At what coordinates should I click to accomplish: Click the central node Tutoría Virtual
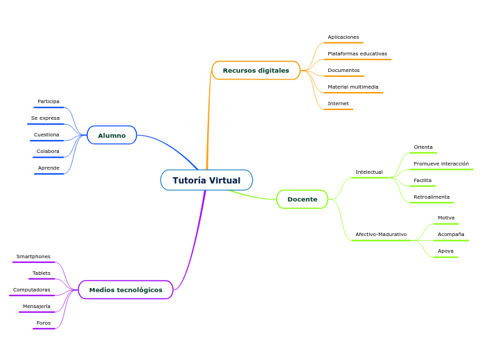coord(206,180)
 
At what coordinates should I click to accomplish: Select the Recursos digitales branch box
coord(256,71)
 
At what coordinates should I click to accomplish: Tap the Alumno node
coord(111,136)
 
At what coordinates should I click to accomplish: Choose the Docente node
coord(302,199)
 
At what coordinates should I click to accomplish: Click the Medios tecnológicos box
coord(125,289)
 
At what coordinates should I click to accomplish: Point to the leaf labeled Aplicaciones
coord(343,37)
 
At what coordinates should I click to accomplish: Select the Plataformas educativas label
coord(357,54)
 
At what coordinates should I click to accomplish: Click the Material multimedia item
coord(353,87)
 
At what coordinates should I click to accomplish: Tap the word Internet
coord(338,104)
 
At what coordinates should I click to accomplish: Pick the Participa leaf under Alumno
coord(48,102)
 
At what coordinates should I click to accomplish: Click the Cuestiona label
coord(46,135)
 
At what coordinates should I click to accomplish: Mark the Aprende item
coord(48,168)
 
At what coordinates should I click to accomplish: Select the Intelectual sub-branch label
coord(369,172)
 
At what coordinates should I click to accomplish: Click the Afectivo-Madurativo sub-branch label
coord(381,235)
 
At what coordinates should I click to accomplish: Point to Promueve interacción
coord(441,164)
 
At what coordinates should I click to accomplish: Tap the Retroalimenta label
coord(431,197)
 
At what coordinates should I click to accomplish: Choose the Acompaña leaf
coord(451,235)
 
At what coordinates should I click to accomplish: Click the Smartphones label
coord(33,257)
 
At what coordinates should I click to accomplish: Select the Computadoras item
coord(32,290)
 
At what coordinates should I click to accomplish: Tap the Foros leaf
coord(44,323)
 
